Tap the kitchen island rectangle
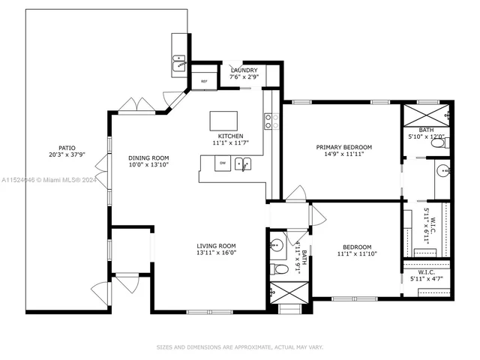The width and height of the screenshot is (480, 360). click(223, 121)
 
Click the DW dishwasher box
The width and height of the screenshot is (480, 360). click(222, 162)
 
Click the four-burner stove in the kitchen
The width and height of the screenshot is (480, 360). click(271, 121)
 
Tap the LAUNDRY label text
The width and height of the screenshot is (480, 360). click(244, 70)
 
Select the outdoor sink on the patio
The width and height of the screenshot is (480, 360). click(180, 63)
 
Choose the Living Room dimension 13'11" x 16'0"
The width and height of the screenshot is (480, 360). click(217, 253)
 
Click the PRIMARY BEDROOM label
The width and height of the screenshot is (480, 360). click(343, 147)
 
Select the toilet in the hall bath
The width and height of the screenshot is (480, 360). click(277, 268)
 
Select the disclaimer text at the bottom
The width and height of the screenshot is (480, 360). click(239, 347)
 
